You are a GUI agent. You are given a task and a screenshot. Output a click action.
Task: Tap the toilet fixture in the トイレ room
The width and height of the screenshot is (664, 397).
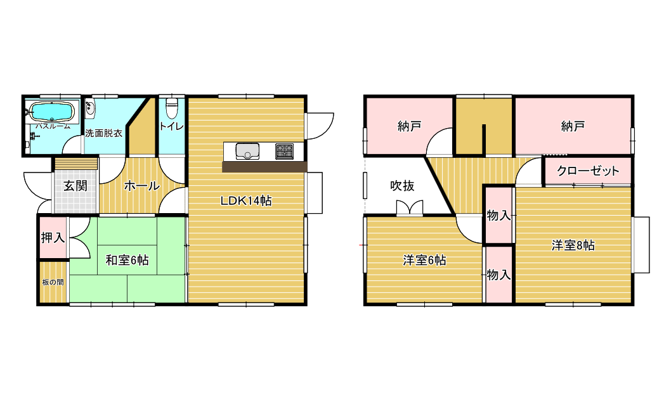171,108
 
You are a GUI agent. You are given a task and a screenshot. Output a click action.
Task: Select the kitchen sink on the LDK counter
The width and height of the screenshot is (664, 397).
247,151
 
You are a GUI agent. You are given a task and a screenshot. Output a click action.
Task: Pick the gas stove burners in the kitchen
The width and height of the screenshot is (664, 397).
284,152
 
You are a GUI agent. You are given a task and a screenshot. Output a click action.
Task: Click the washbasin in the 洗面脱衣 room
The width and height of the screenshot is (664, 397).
90,110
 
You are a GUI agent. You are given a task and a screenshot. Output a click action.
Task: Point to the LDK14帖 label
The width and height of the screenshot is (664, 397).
246,200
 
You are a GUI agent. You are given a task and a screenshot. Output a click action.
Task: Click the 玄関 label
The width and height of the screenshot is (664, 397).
75,186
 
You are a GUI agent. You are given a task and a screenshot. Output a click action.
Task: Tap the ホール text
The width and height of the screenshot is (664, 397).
141,186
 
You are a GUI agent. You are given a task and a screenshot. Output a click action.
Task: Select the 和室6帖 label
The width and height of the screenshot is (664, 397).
127,260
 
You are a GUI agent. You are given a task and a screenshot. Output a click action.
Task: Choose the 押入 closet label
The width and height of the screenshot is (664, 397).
53,238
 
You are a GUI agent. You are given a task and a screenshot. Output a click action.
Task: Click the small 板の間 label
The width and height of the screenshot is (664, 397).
53,282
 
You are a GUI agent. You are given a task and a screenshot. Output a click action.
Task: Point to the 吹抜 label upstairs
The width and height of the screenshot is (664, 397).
402,185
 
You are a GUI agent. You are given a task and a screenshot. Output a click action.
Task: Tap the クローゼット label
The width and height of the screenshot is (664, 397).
588,171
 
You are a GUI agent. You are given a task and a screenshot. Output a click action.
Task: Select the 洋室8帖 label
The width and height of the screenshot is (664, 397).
573,245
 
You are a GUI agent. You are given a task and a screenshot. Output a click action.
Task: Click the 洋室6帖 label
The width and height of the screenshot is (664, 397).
424,260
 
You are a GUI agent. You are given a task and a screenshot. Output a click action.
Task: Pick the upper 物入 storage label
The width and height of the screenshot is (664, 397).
499,216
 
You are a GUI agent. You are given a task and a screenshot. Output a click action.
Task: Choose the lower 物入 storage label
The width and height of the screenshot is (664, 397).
499,275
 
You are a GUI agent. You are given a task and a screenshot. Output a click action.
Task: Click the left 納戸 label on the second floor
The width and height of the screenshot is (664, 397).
410,126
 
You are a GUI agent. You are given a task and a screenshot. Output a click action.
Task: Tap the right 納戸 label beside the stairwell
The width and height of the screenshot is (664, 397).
573,126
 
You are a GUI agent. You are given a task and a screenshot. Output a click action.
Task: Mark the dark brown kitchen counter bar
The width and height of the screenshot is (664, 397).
264,167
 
